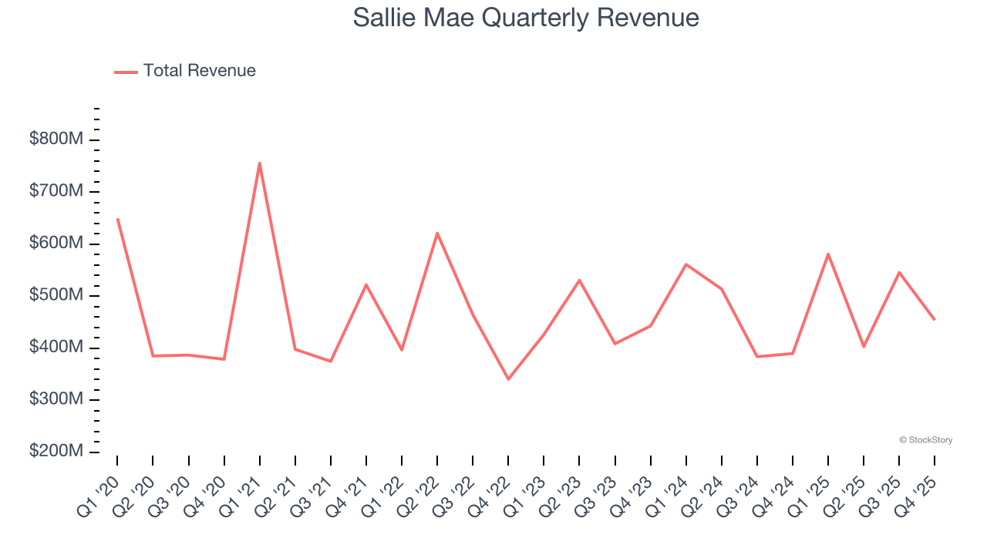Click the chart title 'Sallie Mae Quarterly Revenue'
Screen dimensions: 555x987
click(526, 18)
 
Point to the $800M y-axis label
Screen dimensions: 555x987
click(56, 140)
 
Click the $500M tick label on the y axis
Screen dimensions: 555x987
click(56, 295)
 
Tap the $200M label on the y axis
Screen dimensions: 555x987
click(56, 451)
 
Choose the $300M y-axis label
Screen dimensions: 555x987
click(56, 399)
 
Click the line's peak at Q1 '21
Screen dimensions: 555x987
click(260, 163)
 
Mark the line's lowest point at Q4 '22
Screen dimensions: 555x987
click(508, 379)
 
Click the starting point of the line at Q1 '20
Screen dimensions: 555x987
click(117, 219)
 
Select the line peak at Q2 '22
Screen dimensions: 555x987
click(437, 233)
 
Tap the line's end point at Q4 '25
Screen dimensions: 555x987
click(935, 319)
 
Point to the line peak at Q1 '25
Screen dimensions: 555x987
click(828, 254)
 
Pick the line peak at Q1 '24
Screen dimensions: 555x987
click(686, 264)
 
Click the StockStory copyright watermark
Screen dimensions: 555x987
click(925, 440)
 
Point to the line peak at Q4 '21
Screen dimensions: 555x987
click(366, 284)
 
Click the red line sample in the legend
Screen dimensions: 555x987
click(126, 72)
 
